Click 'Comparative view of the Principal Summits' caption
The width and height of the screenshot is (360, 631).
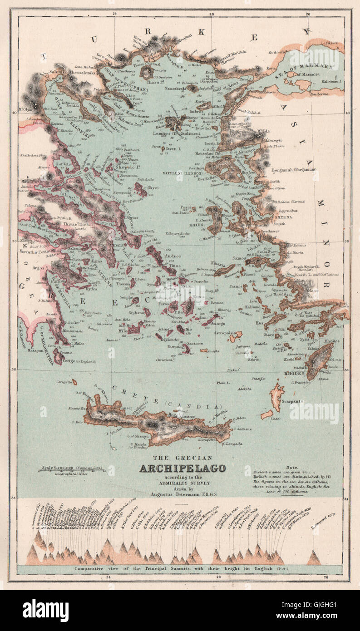point(179,568)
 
